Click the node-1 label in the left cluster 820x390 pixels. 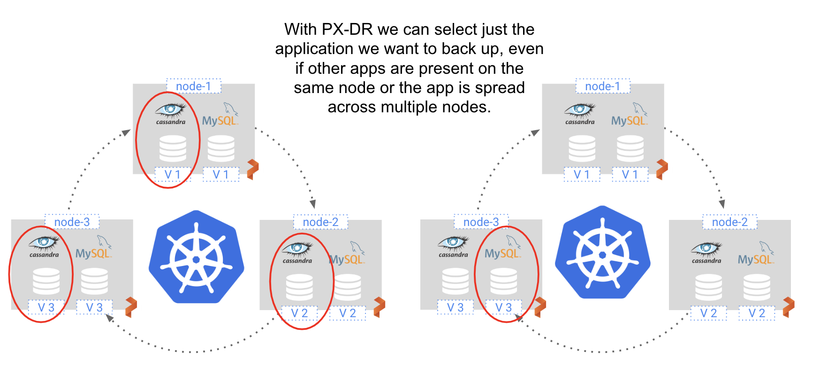[193, 86]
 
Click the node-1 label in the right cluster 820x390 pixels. [602, 86]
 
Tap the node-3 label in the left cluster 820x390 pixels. [72, 222]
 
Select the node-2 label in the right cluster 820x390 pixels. [729, 222]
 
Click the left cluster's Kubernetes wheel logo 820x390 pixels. [197, 257]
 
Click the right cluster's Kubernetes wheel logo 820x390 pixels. [602, 254]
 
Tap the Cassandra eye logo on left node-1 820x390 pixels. [171, 111]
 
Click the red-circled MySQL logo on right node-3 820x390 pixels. [503, 250]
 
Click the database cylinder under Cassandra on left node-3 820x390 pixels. [46, 281]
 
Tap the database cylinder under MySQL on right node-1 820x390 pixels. [630, 148]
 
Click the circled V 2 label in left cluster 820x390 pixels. [299, 313]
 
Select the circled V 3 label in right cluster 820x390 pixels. [503, 307]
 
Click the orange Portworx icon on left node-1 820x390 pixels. [252, 169]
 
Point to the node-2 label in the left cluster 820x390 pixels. [320, 222]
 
